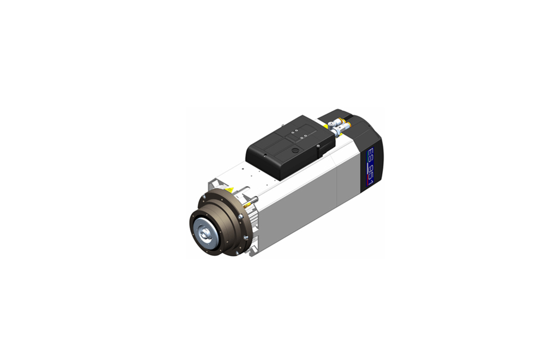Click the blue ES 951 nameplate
[371, 166]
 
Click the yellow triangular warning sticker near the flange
[229, 190]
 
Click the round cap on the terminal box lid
[295, 151]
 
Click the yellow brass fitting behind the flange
[248, 205]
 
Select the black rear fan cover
[361, 146]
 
